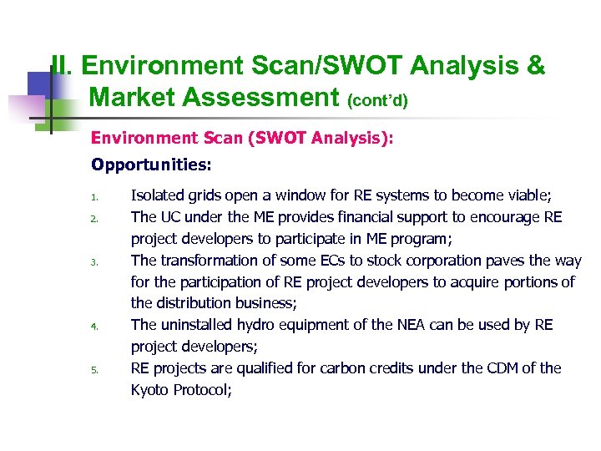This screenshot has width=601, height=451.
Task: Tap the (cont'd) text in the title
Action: point(377,101)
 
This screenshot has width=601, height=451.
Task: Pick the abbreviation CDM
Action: point(501,368)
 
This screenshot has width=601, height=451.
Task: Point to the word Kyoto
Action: point(151,390)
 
